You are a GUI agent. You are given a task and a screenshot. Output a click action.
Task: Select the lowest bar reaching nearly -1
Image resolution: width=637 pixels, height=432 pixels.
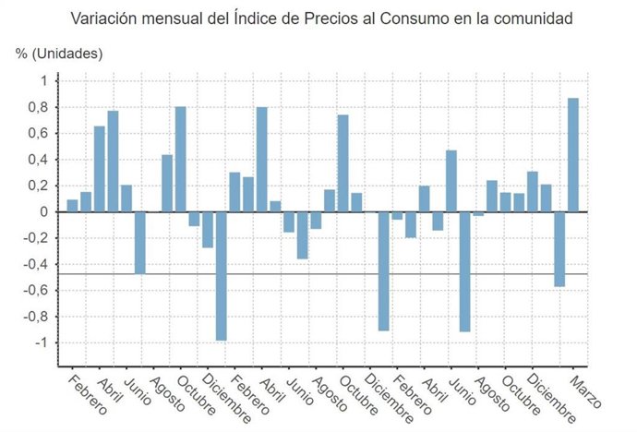pos(222,276)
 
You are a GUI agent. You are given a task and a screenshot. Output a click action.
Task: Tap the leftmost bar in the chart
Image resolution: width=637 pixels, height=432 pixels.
pos(72,205)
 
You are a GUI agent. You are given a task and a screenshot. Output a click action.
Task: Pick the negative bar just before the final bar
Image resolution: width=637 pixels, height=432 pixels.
pos(559,249)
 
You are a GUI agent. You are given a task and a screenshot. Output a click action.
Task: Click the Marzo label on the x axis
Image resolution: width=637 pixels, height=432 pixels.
pos(584,391)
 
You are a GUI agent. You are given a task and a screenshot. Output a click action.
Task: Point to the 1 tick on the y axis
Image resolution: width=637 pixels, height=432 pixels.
pos(42,81)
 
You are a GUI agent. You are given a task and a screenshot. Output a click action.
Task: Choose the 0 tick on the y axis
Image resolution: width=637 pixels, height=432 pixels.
pos(42,212)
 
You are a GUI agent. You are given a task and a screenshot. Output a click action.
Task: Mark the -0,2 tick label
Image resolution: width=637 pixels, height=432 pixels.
pos(33,238)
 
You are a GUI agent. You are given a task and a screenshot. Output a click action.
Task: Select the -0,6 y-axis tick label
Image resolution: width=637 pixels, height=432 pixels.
pos(33,291)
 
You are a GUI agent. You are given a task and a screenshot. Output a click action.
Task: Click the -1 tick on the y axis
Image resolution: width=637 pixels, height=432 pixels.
pos(39,343)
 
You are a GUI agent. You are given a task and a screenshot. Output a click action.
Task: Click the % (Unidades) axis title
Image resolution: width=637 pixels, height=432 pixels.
pos(59,53)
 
